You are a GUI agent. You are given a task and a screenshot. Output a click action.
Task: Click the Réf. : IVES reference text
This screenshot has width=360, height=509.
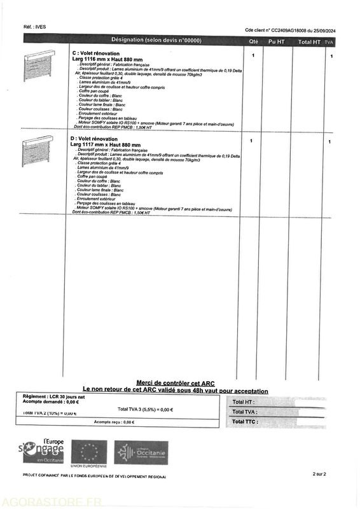(34, 27)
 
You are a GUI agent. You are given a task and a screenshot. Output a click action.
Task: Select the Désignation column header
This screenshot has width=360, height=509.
(156, 40)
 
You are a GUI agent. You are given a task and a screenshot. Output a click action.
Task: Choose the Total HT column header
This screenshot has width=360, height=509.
(309, 41)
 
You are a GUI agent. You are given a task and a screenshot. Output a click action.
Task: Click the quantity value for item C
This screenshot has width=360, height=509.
(253, 55)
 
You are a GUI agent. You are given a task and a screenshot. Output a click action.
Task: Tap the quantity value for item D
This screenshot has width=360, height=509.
(251, 141)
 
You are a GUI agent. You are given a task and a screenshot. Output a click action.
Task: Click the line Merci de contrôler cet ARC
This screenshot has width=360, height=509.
(176, 384)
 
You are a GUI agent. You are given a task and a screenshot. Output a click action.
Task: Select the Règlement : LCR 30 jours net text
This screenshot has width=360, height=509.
(53, 396)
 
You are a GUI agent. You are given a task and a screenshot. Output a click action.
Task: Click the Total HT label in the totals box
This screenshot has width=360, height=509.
(243, 402)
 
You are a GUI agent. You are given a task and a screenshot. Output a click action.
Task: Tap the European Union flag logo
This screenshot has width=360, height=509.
(88, 452)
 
